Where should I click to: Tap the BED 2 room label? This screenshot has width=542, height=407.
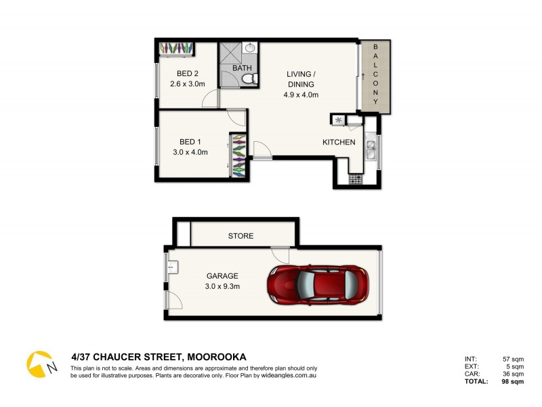(x=187, y=73)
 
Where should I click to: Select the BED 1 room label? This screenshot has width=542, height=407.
(x=190, y=142)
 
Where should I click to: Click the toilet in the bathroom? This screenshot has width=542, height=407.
(x=249, y=80)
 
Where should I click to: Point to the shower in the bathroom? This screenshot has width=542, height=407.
(x=229, y=53)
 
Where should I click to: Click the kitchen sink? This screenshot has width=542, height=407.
(x=371, y=150)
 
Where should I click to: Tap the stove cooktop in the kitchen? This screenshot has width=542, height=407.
(x=355, y=180)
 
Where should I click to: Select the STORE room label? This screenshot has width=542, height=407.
(x=241, y=236)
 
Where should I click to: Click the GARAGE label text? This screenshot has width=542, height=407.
(x=223, y=276)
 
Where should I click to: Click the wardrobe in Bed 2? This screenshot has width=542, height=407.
(x=177, y=49)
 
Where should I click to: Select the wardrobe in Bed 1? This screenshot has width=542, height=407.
(x=239, y=155)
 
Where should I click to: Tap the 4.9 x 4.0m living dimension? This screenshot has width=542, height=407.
(x=301, y=95)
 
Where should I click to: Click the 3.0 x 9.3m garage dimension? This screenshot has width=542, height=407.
(x=223, y=287)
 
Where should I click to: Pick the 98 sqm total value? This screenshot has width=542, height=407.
(x=512, y=382)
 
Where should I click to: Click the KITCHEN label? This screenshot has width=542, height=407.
(x=339, y=142)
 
